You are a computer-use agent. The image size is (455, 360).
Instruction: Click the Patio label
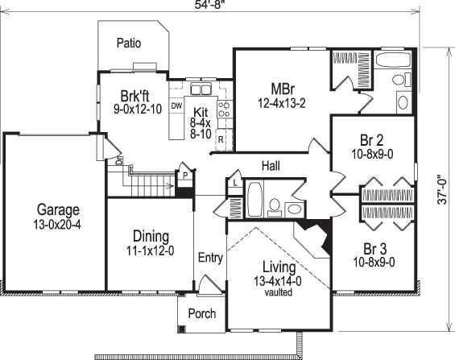tap(129, 43)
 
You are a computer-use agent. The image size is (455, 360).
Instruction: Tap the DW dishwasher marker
tap(177, 106)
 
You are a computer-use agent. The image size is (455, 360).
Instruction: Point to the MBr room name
tap(281, 88)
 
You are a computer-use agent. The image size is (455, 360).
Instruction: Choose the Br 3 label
tap(370, 248)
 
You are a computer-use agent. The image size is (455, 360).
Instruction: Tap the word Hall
tap(270, 166)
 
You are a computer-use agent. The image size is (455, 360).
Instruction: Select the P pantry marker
tap(184, 176)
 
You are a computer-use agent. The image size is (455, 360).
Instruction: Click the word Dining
tap(151, 237)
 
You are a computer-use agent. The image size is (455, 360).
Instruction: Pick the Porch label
tap(201, 313)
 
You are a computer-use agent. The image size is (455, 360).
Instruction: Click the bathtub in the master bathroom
tap(395, 60)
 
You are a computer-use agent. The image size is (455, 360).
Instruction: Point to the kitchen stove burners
tap(224, 111)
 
